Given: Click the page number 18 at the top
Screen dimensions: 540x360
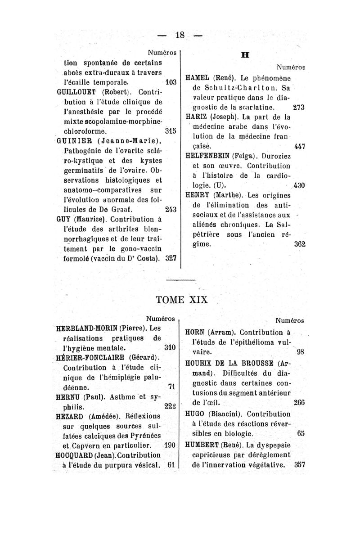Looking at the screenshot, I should coord(180,35).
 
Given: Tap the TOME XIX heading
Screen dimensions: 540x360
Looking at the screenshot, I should coord(181,299).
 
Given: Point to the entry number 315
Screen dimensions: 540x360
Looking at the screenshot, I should coord(170,131).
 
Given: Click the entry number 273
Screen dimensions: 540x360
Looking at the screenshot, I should coord(299,108).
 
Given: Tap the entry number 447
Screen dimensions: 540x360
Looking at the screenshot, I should coord(299,146).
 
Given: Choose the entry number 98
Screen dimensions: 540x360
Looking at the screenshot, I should coord(301,352).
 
